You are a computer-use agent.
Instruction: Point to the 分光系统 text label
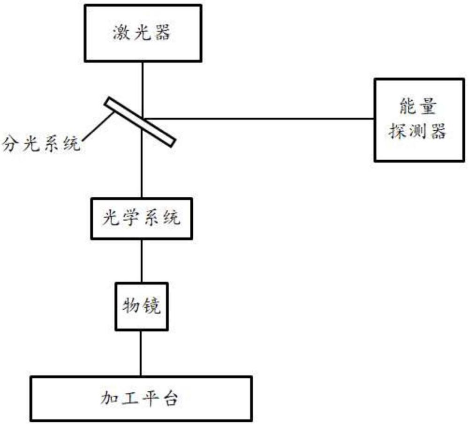(41, 143)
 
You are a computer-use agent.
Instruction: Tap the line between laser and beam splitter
(143, 90)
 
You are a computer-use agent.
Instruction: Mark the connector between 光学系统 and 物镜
(142, 261)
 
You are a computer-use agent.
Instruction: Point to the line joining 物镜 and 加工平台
(141, 353)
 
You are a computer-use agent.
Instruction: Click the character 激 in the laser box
(121, 33)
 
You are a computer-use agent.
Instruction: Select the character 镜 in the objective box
(151, 306)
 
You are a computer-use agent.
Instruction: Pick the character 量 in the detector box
(428, 106)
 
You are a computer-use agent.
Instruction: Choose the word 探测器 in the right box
(417, 131)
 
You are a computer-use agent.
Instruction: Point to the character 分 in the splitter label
(11, 143)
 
